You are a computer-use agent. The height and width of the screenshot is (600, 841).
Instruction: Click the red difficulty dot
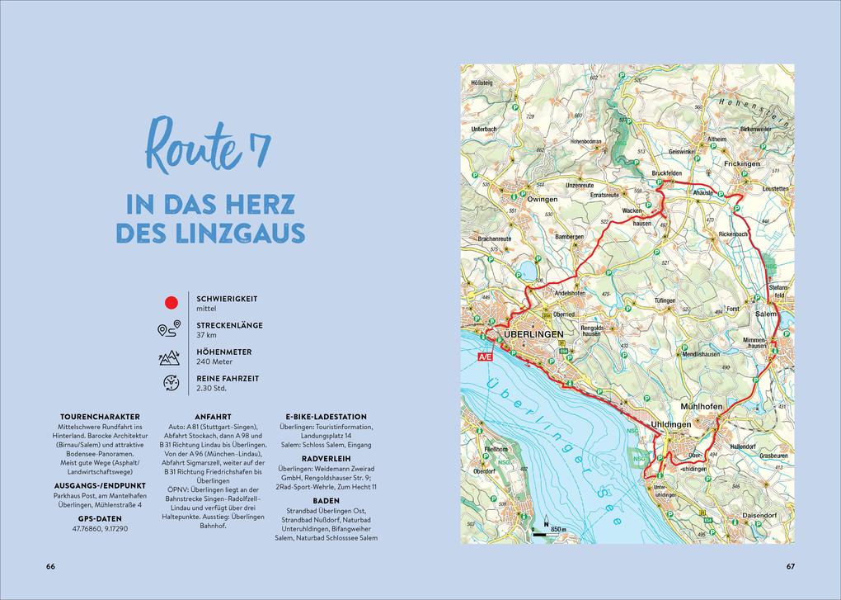pos(172,303)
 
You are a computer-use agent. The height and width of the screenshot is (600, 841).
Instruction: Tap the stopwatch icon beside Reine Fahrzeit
pos(171,383)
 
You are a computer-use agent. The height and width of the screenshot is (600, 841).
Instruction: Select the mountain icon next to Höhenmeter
pos(169,357)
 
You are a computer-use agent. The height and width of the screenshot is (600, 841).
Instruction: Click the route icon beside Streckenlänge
pos(169,330)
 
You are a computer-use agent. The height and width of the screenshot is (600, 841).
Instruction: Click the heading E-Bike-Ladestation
pos(326,417)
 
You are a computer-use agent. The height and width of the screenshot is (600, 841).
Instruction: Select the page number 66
pos(50,566)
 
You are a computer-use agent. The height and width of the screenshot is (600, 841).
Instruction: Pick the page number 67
pos(790,566)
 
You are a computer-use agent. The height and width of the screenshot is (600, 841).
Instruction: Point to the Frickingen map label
pos(742,163)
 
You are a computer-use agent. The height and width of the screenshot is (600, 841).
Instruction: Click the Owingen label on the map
pos(542,199)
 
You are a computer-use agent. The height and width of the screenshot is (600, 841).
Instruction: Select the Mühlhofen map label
pos(702,407)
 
